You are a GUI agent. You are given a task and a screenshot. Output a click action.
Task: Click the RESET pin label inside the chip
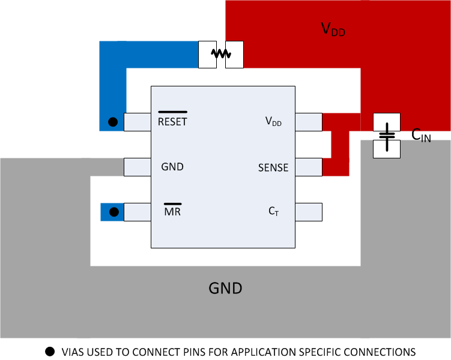point(172,122)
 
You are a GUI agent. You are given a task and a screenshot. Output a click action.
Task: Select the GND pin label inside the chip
point(172,167)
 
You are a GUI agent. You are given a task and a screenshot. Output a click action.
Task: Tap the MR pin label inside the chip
point(172,212)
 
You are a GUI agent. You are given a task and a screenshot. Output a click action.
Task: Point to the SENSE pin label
point(273,168)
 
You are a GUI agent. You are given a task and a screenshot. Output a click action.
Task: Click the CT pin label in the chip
point(273,211)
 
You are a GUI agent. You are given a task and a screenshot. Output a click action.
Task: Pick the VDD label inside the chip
point(273,122)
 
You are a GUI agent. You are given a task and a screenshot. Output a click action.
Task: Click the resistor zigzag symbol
point(221,54)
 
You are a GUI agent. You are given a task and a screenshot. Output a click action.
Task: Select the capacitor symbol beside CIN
point(387,136)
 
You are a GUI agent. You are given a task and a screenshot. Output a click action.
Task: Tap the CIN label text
point(421,136)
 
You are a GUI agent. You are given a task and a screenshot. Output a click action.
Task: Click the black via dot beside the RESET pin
point(112,122)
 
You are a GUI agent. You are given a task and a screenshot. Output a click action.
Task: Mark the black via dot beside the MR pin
point(112,212)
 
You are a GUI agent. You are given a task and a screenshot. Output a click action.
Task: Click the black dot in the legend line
point(50,351)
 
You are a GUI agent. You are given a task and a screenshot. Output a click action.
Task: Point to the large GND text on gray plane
point(225,289)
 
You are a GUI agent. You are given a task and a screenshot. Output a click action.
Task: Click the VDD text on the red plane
point(333,29)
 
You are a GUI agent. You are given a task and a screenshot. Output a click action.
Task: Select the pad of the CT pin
point(309,212)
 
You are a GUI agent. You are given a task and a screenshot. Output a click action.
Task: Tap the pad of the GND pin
point(137,167)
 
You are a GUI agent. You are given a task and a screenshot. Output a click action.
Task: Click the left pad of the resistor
point(207,54)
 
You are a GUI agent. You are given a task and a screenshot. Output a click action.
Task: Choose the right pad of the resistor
point(234,54)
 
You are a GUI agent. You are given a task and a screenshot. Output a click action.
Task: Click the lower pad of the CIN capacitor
point(387,149)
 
